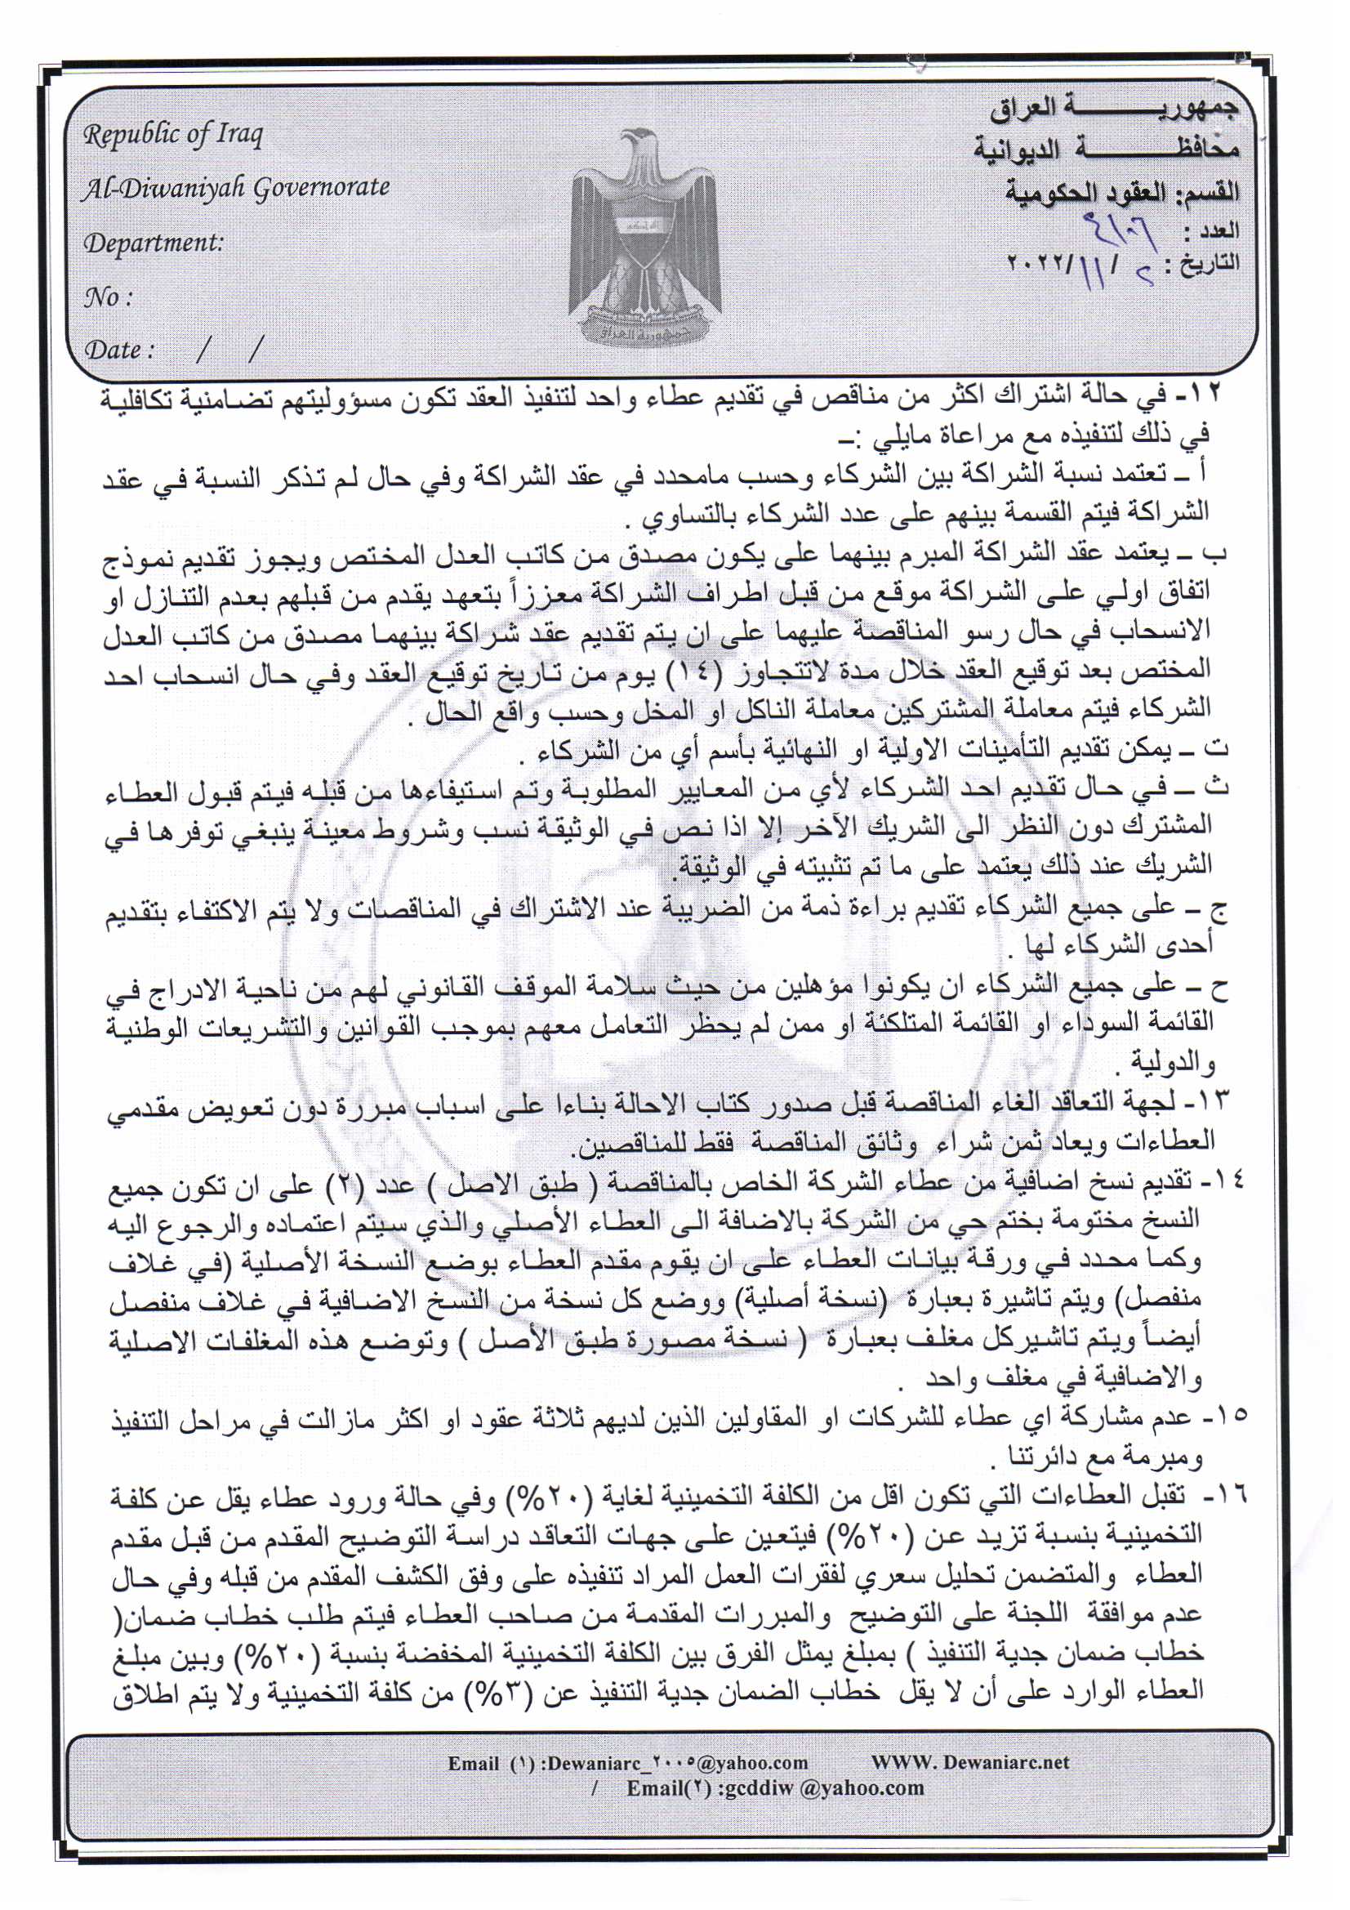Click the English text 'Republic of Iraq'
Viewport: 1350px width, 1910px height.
(x=172, y=135)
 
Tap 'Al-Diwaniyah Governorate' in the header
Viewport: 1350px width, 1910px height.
(x=235, y=189)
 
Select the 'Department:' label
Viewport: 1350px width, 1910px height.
(x=153, y=243)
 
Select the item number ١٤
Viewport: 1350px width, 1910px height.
(x=1223, y=1182)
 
